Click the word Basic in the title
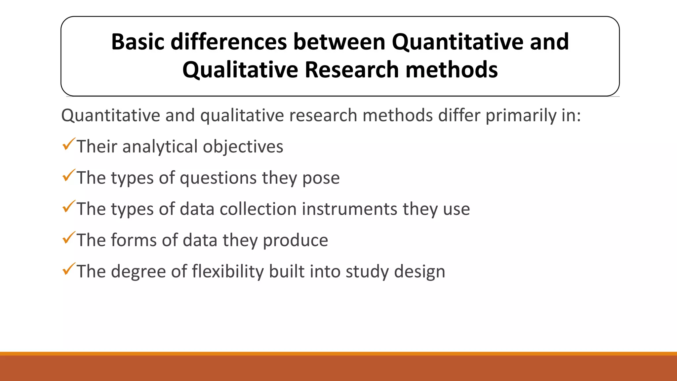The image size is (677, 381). click(x=138, y=42)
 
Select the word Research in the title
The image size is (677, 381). click(x=351, y=70)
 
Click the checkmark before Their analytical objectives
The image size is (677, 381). click(x=68, y=145)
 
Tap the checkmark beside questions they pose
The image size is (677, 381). click(x=68, y=176)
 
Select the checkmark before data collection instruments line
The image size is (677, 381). click(x=68, y=207)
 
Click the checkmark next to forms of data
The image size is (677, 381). click(x=68, y=238)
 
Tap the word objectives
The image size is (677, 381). click(x=243, y=147)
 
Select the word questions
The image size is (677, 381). click(x=218, y=178)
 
